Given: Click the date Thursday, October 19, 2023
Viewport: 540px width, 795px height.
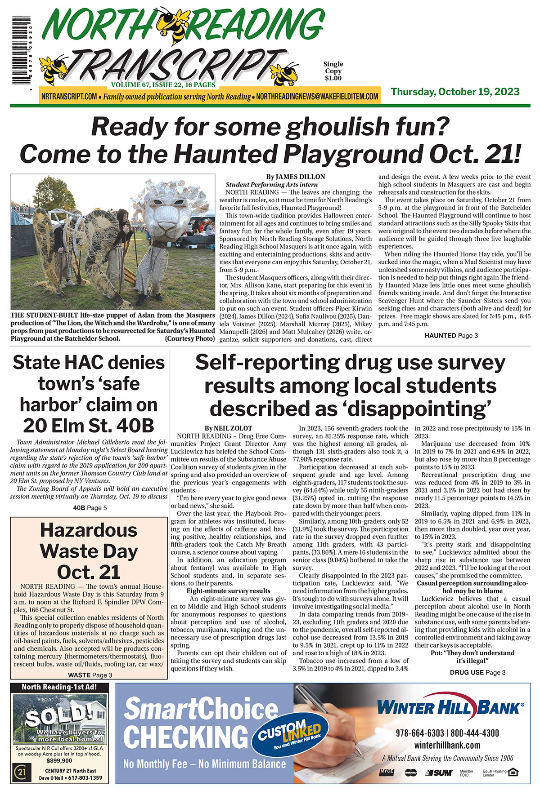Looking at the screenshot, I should coord(455,92).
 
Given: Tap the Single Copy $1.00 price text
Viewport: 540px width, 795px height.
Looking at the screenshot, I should coord(333,71).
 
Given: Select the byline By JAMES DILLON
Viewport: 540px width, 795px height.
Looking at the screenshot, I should coord(295,177).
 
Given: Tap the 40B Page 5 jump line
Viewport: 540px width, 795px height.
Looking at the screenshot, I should coord(90,508).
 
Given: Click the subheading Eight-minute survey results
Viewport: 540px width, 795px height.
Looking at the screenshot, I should coord(228,591).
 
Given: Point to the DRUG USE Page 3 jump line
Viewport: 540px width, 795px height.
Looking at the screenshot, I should coord(477,672).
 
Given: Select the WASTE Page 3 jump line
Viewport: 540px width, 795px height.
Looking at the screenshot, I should coord(90,675).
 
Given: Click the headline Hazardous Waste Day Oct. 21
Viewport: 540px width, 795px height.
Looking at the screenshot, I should coord(89,551).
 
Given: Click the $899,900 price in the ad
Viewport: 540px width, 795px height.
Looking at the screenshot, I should coord(58,761).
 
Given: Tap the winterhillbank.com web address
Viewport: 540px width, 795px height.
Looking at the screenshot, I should coord(447,746).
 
